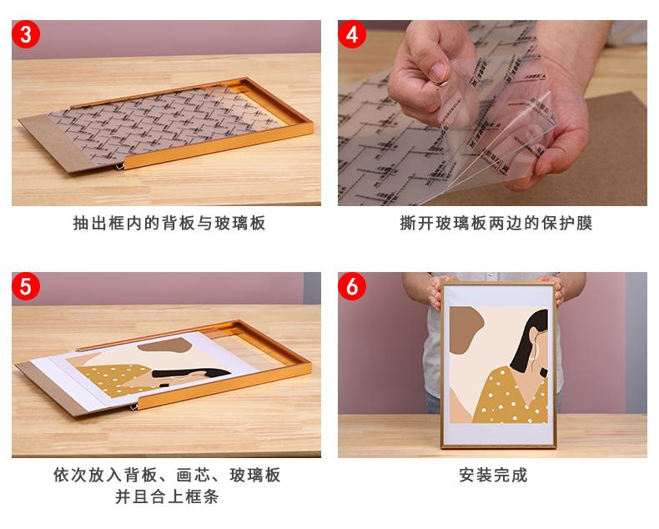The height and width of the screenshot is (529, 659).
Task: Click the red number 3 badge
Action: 26,34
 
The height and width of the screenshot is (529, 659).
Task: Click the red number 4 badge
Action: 352,34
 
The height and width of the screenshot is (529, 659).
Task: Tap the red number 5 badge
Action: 26,286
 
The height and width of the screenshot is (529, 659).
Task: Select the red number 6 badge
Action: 352,286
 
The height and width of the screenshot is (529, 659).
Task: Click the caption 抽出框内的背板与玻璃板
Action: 169,224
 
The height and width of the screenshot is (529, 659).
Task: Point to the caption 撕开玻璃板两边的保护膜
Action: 496,224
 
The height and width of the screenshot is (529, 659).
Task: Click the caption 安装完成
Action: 493,475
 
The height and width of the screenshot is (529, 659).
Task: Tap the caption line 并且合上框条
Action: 167,497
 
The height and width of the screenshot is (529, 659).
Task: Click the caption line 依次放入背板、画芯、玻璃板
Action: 167,475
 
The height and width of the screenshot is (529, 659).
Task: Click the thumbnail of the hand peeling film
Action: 492,113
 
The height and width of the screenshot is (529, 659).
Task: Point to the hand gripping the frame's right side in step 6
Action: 555,290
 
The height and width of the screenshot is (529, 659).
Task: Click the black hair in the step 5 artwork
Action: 192,373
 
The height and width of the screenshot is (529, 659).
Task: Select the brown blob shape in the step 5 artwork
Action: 165,346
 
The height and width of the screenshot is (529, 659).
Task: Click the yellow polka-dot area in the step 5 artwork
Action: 113,379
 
